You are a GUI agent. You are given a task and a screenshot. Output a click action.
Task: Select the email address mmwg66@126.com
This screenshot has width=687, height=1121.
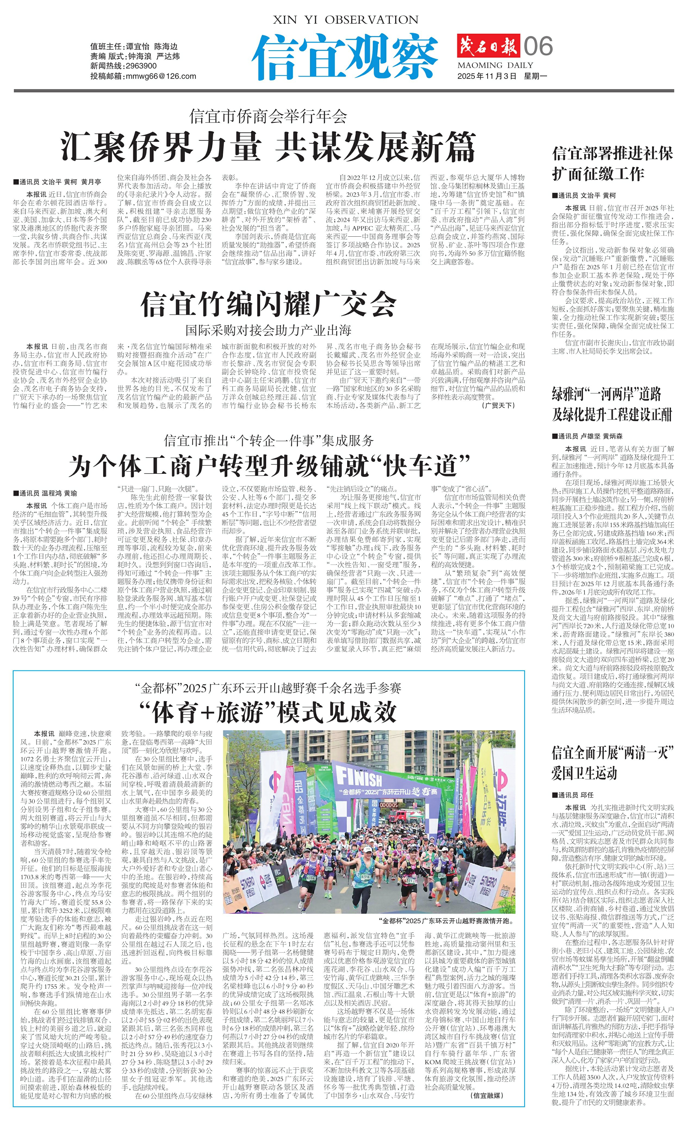point(160,76)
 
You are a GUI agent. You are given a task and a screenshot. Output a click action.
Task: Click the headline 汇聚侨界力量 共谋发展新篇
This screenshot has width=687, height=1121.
point(269,146)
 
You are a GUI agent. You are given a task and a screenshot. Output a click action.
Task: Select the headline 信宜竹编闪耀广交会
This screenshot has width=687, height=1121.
point(269,304)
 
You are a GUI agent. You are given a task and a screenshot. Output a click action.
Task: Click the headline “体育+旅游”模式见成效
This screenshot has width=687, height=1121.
point(269,712)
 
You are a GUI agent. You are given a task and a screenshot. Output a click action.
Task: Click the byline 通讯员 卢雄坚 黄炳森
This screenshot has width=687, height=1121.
point(587,436)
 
